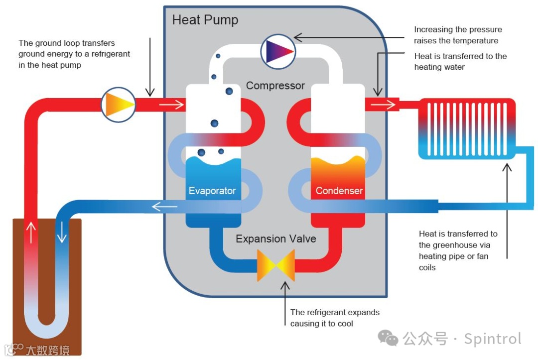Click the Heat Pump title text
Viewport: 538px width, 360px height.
click(x=205, y=20)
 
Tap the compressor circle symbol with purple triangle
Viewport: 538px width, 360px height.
click(x=278, y=51)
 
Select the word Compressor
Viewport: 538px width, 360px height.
click(x=275, y=86)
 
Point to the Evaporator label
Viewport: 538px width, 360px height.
click(x=212, y=191)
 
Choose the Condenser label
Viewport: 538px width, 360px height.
click(x=339, y=191)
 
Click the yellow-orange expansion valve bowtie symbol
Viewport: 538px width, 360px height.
click(x=276, y=265)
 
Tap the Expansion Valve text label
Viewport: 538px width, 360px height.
click(x=276, y=239)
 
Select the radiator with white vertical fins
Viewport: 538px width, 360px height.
click(x=467, y=128)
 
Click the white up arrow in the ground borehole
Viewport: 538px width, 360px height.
click(x=32, y=232)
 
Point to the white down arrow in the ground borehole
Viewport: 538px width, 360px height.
click(x=62, y=232)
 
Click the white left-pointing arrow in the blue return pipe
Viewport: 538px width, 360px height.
click(x=164, y=207)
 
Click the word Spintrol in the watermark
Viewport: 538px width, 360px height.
click(x=492, y=339)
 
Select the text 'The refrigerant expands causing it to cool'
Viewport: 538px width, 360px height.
click(x=335, y=318)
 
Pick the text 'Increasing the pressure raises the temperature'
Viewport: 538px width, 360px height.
click(x=457, y=35)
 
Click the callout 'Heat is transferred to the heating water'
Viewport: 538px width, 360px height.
click(x=460, y=61)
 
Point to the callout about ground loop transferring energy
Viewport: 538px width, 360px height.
click(x=74, y=54)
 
